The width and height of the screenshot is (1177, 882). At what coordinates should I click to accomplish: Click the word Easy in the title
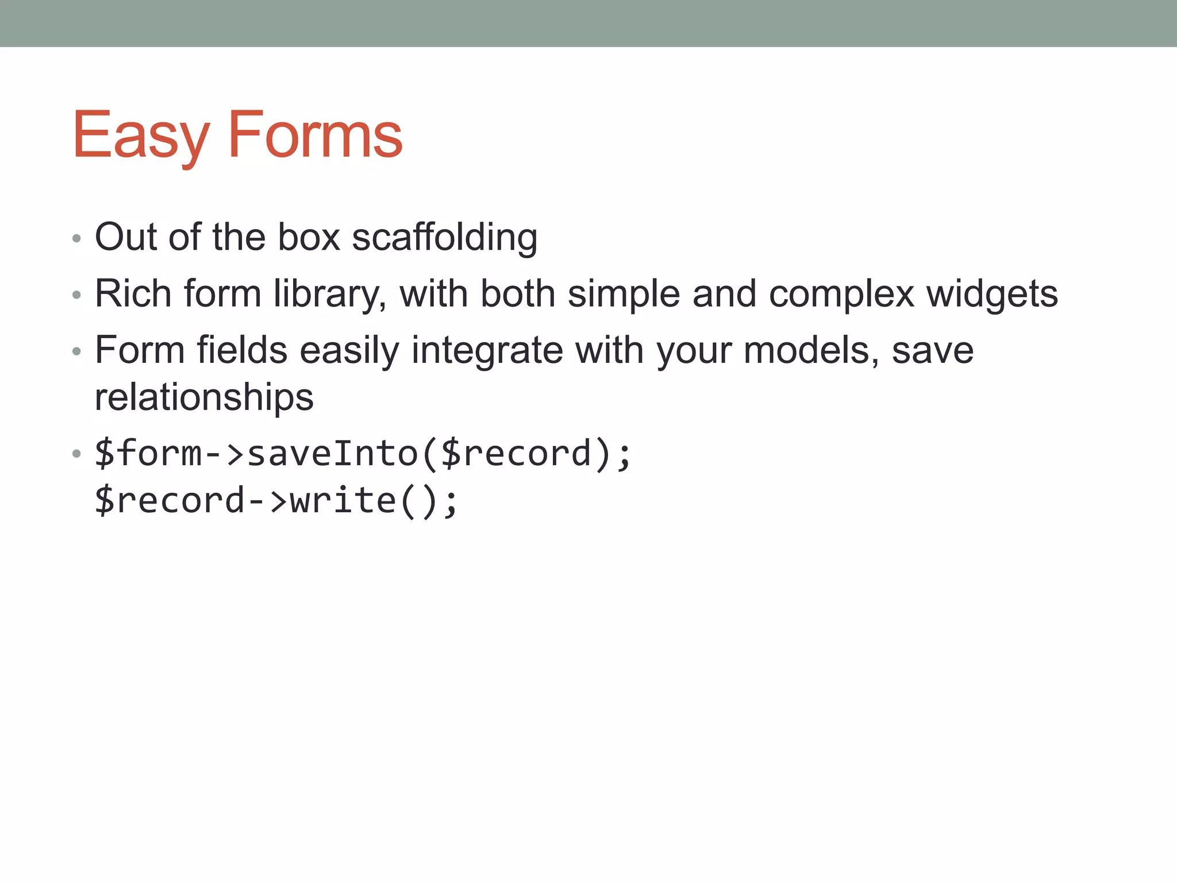pos(140,136)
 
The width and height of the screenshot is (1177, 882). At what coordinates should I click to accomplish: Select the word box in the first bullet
pos(309,237)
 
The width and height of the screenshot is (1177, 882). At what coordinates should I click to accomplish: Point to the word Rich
pos(133,293)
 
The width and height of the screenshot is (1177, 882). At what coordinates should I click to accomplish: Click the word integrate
pos(487,350)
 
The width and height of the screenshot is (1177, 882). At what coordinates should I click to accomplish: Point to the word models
pos(811,350)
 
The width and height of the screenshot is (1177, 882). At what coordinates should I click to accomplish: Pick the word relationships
pos(204,397)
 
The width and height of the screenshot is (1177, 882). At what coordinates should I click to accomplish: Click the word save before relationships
pos(932,350)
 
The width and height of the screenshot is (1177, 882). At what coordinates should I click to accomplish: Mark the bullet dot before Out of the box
pos(76,238)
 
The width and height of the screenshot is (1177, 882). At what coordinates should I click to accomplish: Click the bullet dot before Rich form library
pos(76,295)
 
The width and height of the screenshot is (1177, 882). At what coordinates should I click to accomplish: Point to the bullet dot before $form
pos(76,454)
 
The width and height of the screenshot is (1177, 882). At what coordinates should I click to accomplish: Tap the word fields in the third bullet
pos(242,350)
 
